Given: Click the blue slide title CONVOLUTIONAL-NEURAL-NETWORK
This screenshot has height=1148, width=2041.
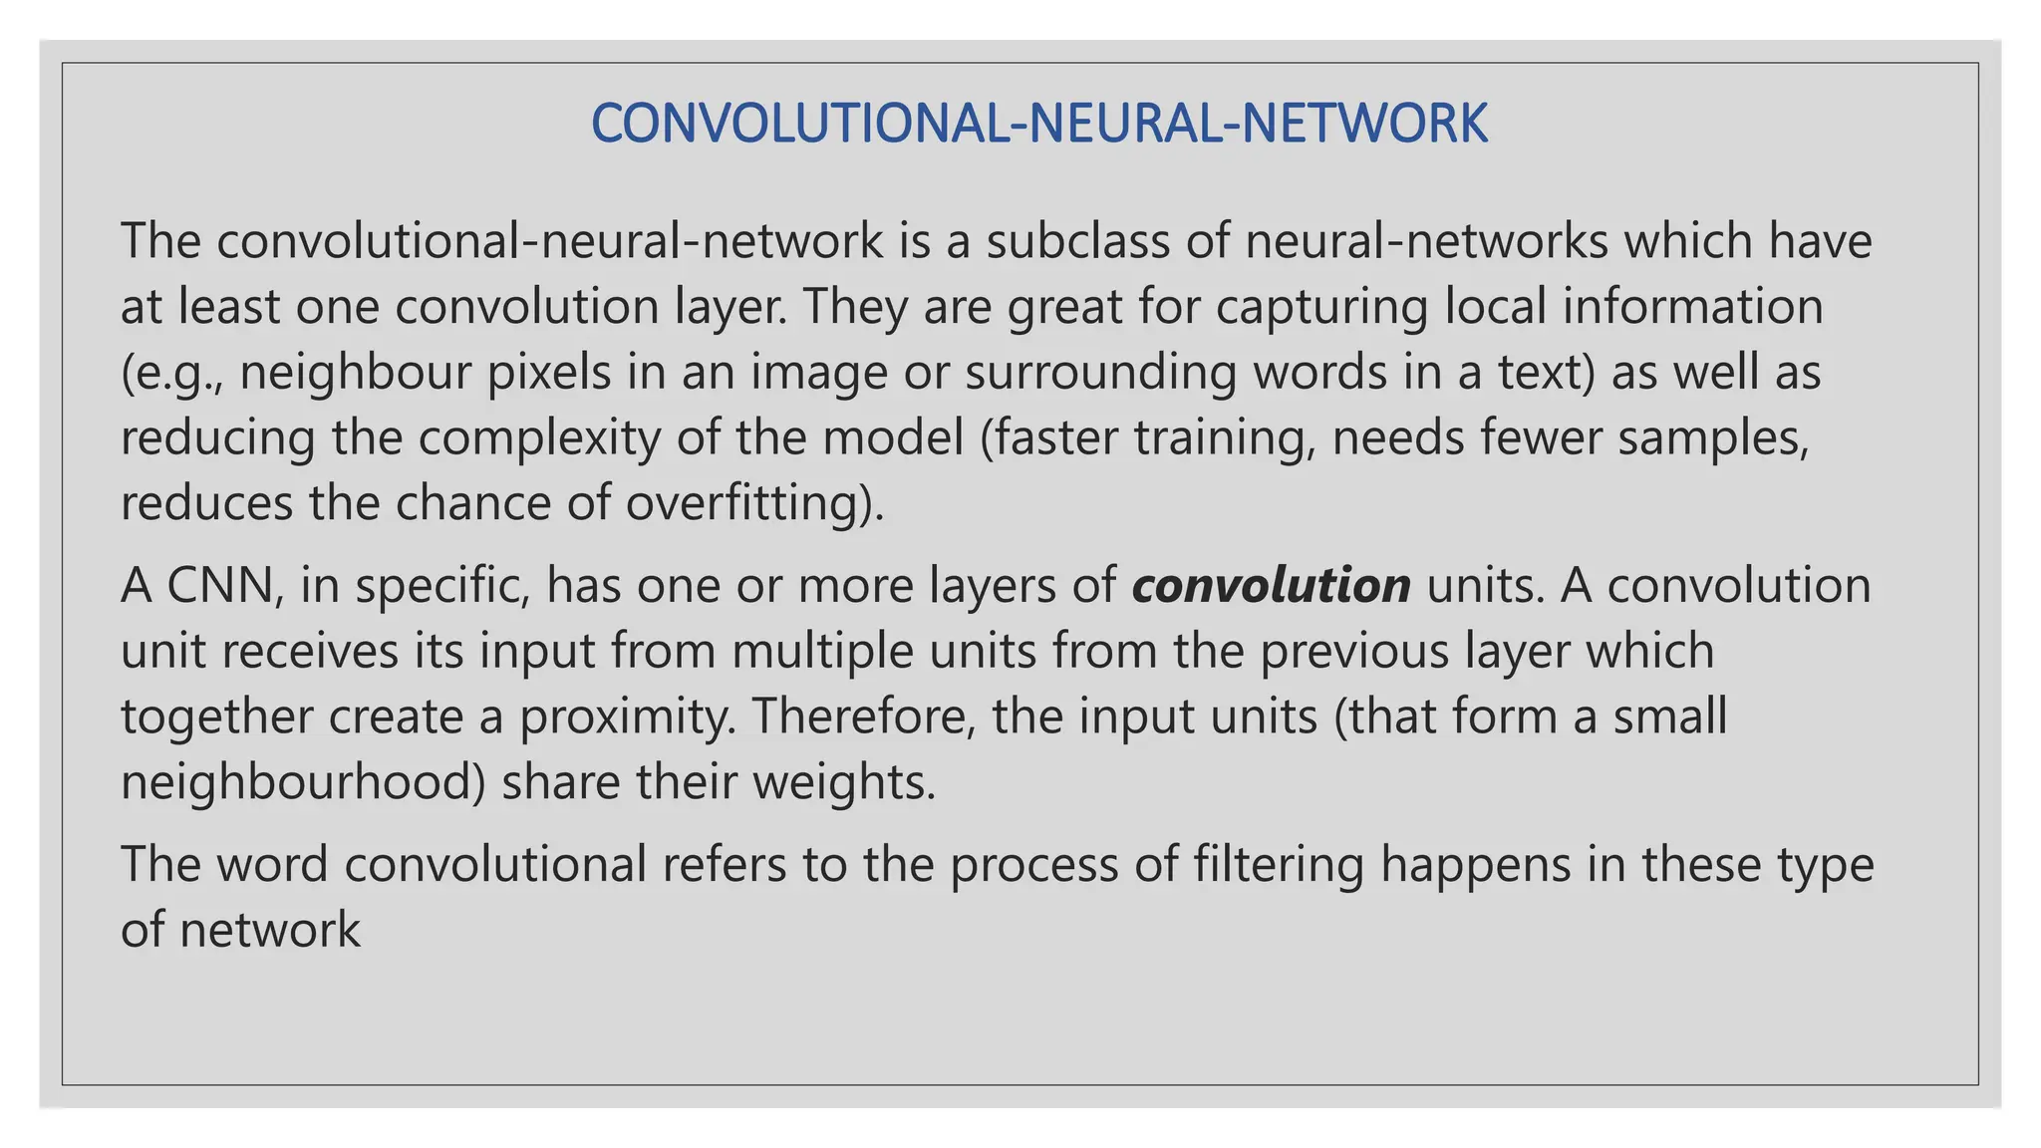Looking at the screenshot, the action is click(x=1038, y=124).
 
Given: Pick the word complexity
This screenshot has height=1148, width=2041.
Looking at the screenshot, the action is click(x=538, y=438).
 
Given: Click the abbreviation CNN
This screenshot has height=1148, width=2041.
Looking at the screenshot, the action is click(x=219, y=585).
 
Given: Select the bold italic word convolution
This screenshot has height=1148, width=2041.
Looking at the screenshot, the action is click(x=1271, y=585).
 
